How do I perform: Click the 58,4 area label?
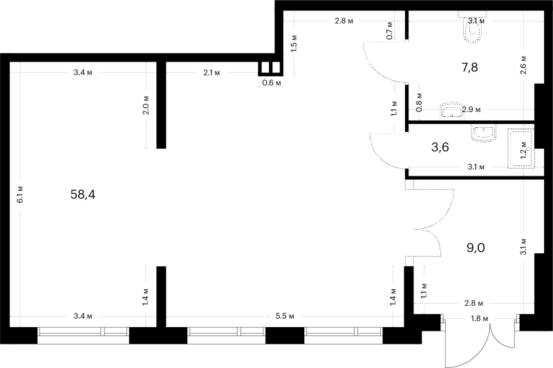pos(83,194)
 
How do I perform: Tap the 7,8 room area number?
pos(470,67)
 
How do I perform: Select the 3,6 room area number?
pos(440,147)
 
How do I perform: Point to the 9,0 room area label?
pos(476,248)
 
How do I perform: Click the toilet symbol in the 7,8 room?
pos(472,28)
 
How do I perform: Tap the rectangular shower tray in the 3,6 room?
pos(521,149)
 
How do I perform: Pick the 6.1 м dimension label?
pos(20,194)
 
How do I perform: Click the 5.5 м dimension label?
pos(285,316)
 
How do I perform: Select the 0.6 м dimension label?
pos(272,83)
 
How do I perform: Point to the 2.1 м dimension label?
pos(212,73)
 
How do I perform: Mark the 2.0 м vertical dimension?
pos(146,104)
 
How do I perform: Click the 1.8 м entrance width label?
pos(480,319)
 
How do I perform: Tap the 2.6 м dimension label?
pos(524,65)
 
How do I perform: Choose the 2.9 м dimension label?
pos(471,110)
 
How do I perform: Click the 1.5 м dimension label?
pos(295,44)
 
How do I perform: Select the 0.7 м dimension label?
pos(389,30)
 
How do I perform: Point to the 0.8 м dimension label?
pos(419,102)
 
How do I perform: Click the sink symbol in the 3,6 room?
pos(483,134)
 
